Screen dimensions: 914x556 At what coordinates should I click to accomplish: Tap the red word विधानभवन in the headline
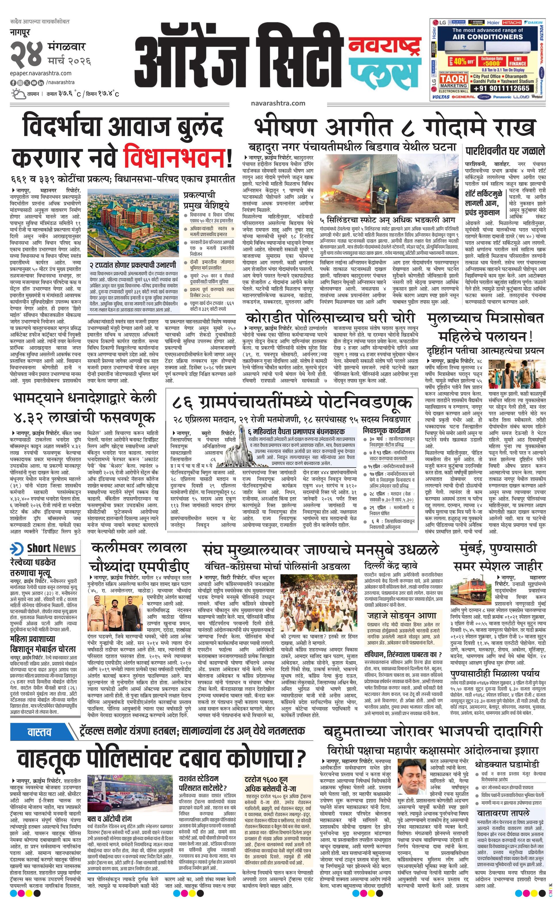(174, 158)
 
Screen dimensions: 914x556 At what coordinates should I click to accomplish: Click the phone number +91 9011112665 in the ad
(501, 88)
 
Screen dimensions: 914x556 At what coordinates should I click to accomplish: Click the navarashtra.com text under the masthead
(278, 103)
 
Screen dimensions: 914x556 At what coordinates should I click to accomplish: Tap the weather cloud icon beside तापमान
(18, 94)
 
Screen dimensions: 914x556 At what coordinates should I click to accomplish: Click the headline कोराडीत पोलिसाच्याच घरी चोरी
(330, 318)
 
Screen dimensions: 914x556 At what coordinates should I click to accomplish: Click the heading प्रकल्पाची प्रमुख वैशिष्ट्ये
(206, 200)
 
